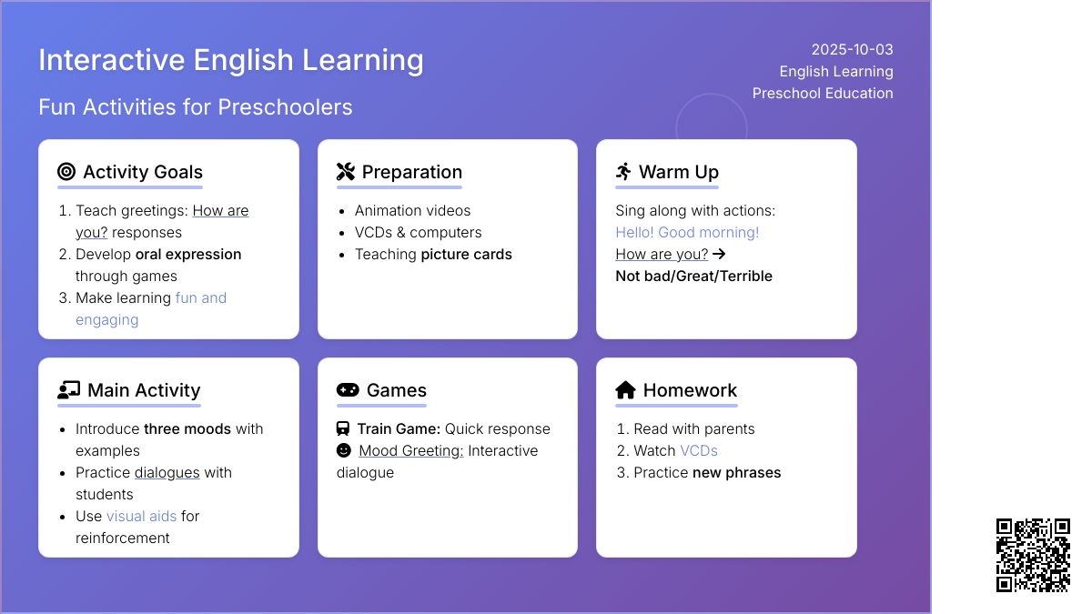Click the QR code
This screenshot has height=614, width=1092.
click(x=1033, y=555)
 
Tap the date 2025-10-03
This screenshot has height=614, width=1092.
click(x=852, y=50)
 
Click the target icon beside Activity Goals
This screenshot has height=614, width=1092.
click(x=66, y=172)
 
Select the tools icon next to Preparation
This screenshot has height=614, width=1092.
click(x=346, y=172)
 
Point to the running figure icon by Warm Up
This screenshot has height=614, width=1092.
click(x=623, y=172)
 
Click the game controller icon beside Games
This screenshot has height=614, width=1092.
click(x=348, y=390)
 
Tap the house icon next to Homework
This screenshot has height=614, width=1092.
click(x=625, y=390)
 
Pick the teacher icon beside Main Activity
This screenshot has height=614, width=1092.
click(x=69, y=390)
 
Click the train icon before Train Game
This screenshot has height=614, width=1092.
click(x=343, y=428)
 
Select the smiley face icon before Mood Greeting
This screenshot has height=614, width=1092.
click(x=344, y=450)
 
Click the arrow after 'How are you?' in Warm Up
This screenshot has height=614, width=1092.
click(x=719, y=254)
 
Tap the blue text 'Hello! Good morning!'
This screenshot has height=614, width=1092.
click(x=687, y=233)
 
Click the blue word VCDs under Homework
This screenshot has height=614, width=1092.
click(x=699, y=451)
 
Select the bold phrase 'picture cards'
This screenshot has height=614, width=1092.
click(x=466, y=255)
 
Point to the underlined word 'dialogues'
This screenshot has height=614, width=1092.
click(x=167, y=473)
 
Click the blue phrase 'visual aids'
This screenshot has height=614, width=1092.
click(x=141, y=516)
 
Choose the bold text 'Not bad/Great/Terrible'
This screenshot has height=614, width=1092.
click(x=693, y=277)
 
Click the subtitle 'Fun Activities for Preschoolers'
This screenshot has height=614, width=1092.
click(x=195, y=107)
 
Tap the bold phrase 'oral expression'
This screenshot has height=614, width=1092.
click(x=188, y=255)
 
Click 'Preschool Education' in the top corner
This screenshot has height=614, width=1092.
click(x=823, y=93)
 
